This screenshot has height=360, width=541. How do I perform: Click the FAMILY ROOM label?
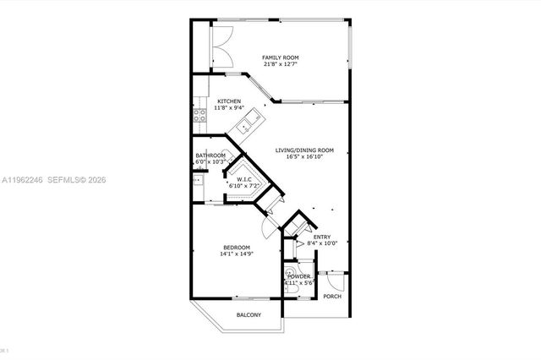coord(280,57)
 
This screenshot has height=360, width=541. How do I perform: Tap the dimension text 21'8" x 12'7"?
coord(280,64)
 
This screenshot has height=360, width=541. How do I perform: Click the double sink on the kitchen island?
coord(247,127)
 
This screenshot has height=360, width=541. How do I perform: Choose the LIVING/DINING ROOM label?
coord(304,150)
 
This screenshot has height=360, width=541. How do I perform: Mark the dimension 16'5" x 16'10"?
coord(304,156)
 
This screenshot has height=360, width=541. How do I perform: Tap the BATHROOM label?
coord(210,155)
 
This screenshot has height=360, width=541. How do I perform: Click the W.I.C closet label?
coord(245,179)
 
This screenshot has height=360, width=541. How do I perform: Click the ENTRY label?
coord(322,237)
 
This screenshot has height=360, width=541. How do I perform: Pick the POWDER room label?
coord(299,276)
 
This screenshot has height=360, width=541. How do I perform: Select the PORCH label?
coord(331,296)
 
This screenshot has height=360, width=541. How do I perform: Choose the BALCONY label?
coord(249,315)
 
